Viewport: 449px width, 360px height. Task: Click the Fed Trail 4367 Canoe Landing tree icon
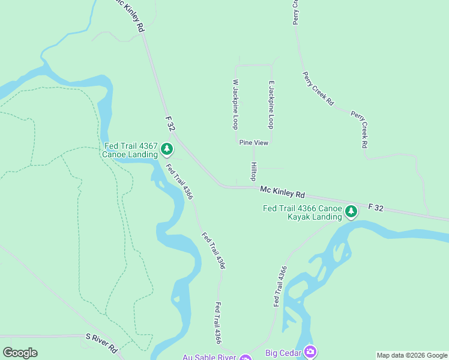tap(167, 149)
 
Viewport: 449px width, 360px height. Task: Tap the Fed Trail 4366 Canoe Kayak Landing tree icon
tap(351, 211)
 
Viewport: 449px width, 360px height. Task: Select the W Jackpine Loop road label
tap(236, 104)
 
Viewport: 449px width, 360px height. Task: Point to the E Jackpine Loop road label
tap(271, 104)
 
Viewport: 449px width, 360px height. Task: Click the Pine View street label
tap(253, 143)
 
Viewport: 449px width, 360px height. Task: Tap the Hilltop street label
tap(254, 172)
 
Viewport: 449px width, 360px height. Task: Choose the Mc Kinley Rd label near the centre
tap(283, 192)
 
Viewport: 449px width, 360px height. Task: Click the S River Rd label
tap(101, 343)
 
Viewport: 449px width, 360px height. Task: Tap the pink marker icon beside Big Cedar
tap(310, 350)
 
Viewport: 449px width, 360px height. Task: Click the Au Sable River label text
tap(209, 357)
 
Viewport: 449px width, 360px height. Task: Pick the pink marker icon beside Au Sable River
tap(245, 358)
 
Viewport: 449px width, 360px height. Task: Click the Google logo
tap(20, 353)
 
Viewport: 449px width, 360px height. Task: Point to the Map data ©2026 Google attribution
tap(411, 355)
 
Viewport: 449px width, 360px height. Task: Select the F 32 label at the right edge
tap(375, 207)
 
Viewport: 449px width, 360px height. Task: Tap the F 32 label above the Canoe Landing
tap(170, 124)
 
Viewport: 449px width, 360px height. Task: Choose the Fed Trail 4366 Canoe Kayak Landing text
tap(303, 212)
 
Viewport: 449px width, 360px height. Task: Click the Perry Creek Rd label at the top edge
tap(296, 12)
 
